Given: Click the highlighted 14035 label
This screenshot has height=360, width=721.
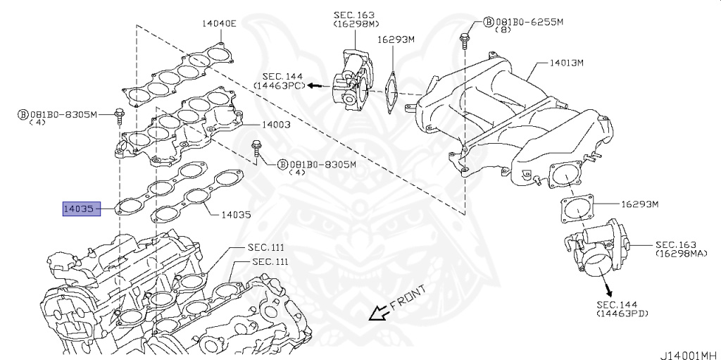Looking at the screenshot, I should tap(78, 209).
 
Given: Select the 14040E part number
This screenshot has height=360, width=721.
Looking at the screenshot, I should tap(220, 23).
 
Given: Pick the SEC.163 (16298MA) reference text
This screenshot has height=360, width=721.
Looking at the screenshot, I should tap(680, 247).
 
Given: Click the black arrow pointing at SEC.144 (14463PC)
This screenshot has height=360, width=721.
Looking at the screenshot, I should tap(316, 85).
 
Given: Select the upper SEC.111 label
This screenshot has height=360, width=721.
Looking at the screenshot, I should tap(266, 248).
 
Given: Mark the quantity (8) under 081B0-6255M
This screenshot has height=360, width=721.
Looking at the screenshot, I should tap(502, 31).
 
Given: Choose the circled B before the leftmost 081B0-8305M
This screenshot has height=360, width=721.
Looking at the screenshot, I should tap(22, 113).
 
